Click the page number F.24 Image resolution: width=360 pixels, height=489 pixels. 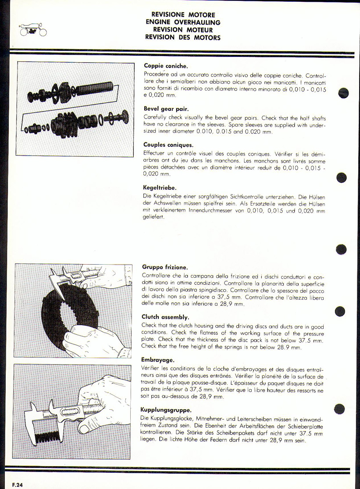[18, 485]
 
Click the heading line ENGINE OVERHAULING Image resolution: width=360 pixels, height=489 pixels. [183, 22]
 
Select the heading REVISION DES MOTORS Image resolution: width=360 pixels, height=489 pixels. [183, 37]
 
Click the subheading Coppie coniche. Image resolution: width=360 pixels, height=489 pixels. [165, 66]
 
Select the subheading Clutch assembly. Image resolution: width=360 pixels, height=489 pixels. [165, 316]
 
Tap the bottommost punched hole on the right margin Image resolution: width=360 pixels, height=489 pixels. [340, 409]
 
